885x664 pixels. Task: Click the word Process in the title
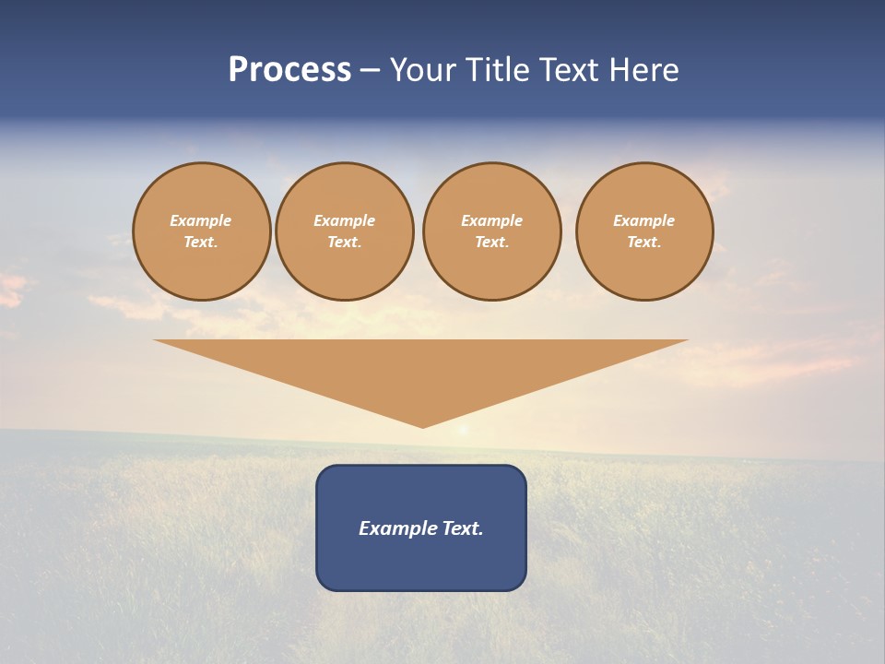[x=289, y=70]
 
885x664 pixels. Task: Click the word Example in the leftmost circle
[x=201, y=220]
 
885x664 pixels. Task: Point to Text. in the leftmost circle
[x=201, y=242]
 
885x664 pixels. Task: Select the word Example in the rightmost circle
[x=644, y=220]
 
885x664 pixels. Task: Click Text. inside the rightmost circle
[x=644, y=242]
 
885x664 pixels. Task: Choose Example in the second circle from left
[x=345, y=220]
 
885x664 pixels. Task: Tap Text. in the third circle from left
[x=492, y=242]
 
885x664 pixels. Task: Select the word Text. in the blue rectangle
[x=462, y=528]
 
